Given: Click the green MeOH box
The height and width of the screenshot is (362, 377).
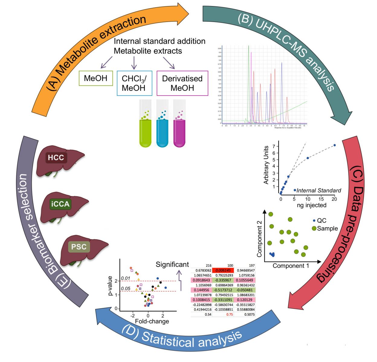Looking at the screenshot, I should click(x=95, y=78).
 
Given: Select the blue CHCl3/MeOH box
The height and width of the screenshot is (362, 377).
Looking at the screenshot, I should click(x=134, y=83).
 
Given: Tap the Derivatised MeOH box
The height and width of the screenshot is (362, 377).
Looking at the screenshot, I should click(x=182, y=83).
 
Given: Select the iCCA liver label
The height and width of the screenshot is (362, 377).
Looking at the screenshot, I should click(x=60, y=205).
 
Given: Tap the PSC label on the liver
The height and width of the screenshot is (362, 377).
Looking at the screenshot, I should click(x=79, y=247).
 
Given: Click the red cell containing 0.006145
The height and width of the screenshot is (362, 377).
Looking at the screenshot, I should click(x=223, y=271).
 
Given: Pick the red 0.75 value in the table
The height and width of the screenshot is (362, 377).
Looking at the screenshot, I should click(x=223, y=314).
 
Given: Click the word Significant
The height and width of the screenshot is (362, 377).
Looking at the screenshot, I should click(x=172, y=265).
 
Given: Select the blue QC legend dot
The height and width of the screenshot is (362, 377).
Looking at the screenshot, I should click(x=314, y=221).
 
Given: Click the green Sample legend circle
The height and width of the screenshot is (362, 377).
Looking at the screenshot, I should click(x=314, y=228).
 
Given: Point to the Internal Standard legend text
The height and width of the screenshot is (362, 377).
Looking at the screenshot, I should click(x=319, y=190).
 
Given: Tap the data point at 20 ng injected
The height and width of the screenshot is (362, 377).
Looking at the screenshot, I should click(x=334, y=145).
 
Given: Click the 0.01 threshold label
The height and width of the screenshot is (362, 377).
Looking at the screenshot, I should click(x=125, y=278).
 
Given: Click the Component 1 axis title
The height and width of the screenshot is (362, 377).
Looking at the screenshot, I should click(x=291, y=266).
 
